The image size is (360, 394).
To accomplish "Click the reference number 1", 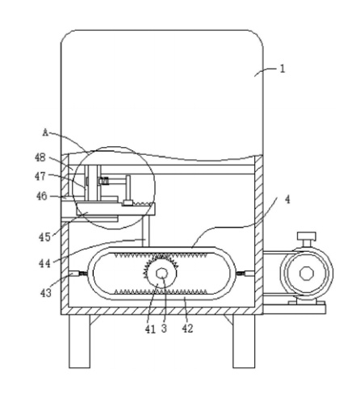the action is point(282,69).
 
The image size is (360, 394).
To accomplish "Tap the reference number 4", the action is point(287,199).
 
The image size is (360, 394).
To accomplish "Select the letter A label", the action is point(46,132).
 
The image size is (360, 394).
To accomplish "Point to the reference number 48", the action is point(40,157).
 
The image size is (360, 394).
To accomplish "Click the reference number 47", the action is point(40,177).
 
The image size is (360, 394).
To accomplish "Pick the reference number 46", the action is point(42,196).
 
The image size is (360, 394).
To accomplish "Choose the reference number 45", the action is point(44,237).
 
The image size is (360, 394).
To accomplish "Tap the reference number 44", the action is point(44,263).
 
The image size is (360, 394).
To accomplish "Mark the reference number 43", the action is point(45,292).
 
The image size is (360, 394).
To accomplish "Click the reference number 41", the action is point(150,329).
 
